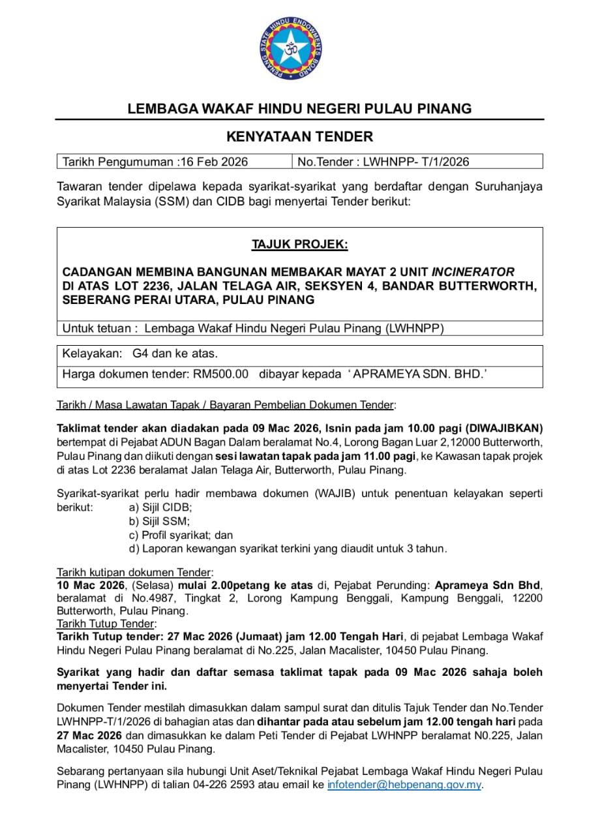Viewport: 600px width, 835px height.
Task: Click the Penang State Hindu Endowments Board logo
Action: [x=299, y=49]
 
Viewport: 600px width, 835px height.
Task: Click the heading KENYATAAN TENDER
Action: [x=299, y=137]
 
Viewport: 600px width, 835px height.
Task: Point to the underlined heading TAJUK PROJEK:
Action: [x=299, y=245]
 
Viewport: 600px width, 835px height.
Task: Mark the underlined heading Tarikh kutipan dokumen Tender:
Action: [x=135, y=571]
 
